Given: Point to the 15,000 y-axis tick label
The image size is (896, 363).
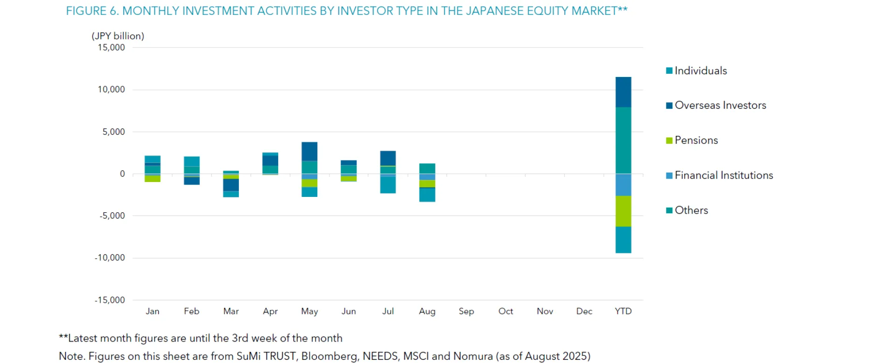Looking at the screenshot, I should [x=111, y=48].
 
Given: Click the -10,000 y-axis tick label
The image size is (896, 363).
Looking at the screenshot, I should [x=110, y=258].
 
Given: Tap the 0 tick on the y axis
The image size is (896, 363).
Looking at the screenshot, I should [x=122, y=174].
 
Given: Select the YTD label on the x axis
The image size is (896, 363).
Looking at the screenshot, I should [x=623, y=311].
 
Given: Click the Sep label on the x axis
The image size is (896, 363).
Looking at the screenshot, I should [x=466, y=311].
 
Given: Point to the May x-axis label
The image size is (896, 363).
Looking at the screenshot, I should [x=309, y=311].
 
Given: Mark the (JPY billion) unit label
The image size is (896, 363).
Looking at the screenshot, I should [x=118, y=36].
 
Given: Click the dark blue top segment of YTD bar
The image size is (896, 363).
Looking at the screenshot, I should [x=623, y=92].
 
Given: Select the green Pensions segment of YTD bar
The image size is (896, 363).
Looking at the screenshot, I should [x=623, y=211].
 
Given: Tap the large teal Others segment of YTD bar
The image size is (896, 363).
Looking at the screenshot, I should [x=623, y=140].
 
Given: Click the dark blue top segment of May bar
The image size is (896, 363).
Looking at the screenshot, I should [x=309, y=151].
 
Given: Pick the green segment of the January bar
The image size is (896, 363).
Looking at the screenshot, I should [x=153, y=179].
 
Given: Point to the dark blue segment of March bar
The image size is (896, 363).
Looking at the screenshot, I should [x=231, y=185].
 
